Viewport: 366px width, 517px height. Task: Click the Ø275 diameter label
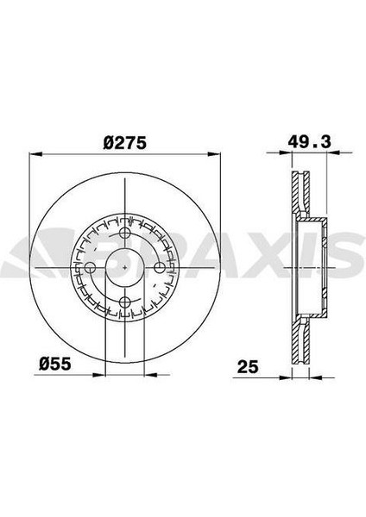(124, 143)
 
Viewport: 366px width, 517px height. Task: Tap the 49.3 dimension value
(309, 142)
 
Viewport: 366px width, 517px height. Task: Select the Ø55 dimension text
(55, 364)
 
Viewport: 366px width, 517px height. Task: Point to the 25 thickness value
(248, 367)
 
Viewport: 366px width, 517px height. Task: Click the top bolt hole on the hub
(124, 234)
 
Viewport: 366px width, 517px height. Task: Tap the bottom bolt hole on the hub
(124, 302)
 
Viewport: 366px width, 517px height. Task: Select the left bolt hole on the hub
(90, 267)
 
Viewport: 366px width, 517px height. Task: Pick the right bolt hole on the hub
(160, 267)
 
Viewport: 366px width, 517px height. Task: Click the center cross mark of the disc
(124, 267)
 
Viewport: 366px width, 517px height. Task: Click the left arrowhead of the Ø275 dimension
(36, 154)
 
